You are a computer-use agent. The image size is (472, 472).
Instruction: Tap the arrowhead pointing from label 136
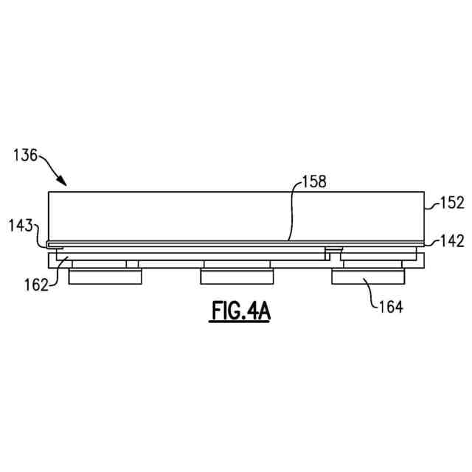[62, 181]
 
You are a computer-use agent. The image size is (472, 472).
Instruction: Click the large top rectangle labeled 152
[236, 215]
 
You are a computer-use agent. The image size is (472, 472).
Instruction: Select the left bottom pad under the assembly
[105, 277]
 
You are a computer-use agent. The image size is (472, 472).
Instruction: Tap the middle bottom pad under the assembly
[237, 277]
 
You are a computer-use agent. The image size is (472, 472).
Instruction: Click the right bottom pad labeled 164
[368, 277]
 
